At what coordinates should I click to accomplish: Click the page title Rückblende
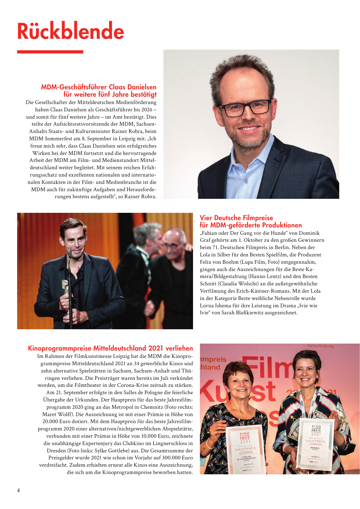click(70, 31)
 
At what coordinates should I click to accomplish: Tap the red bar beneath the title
click(50, 52)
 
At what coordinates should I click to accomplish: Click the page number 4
click(18, 490)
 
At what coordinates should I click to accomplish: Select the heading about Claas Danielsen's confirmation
click(99, 91)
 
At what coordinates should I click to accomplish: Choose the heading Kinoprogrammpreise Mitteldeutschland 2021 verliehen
click(110, 348)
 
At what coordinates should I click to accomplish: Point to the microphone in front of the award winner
click(70, 254)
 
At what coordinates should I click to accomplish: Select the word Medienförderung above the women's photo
click(320, 346)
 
